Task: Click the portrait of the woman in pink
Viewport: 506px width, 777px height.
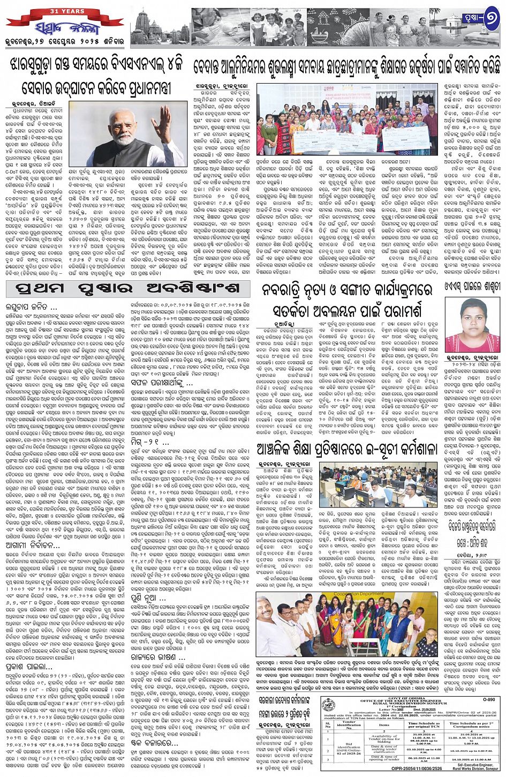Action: click(x=473, y=325)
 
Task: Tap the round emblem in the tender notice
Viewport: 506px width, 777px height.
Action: click(x=330, y=706)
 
